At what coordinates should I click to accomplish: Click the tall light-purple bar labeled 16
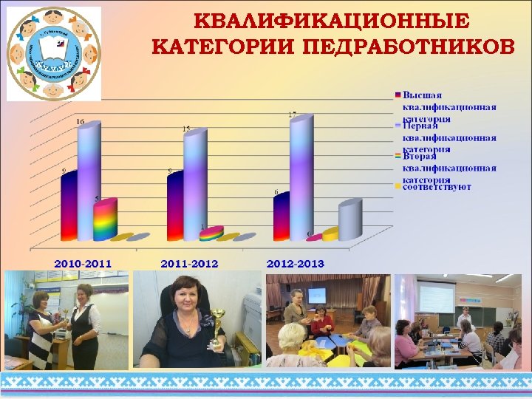pyautogui.click(x=87, y=181)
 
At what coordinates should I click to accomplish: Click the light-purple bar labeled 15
pyautogui.click(x=194, y=185)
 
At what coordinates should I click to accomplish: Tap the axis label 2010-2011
pyautogui.click(x=83, y=263)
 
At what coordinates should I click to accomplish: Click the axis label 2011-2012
pyautogui.click(x=189, y=263)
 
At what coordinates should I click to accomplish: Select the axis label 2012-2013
pyautogui.click(x=296, y=263)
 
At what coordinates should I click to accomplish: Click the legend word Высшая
pyautogui.click(x=423, y=95)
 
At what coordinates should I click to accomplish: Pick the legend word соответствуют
pyautogui.click(x=437, y=187)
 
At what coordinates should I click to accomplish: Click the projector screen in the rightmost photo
pyautogui.click(x=436, y=299)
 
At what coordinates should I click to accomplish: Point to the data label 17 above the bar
pyautogui.click(x=292, y=115)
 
